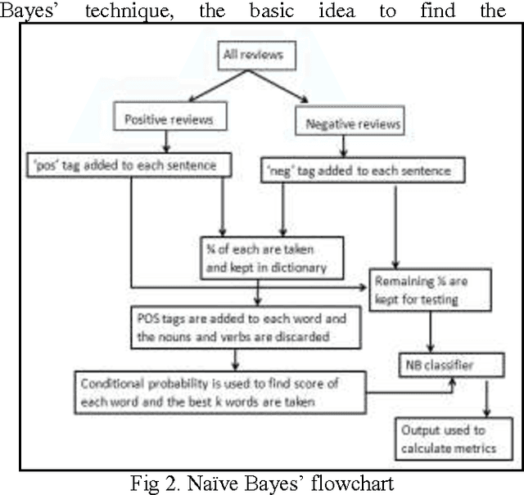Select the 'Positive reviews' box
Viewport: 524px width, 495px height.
(169, 119)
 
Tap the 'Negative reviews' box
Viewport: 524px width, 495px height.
(352, 124)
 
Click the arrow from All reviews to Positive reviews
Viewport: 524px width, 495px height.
(192, 88)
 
